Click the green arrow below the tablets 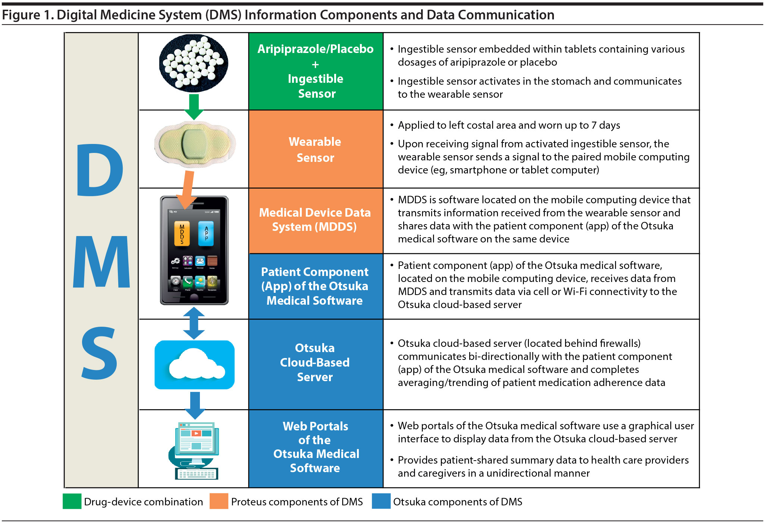click(x=194, y=107)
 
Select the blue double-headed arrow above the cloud click(x=194, y=323)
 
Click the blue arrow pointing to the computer click(x=195, y=405)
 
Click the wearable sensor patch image click(x=195, y=144)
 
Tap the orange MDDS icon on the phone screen click(x=182, y=234)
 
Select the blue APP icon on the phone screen click(x=206, y=234)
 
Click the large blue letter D click(x=100, y=170)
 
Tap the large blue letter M click(x=101, y=262)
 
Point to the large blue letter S click(x=99, y=353)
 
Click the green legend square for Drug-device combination click(x=72, y=501)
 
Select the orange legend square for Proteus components click(x=219, y=501)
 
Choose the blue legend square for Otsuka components click(x=381, y=501)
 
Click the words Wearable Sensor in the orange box click(x=315, y=150)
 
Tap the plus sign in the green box click(x=316, y=65)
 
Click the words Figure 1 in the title click(x=28, y=15)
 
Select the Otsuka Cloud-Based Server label click(x=315, y=363)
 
